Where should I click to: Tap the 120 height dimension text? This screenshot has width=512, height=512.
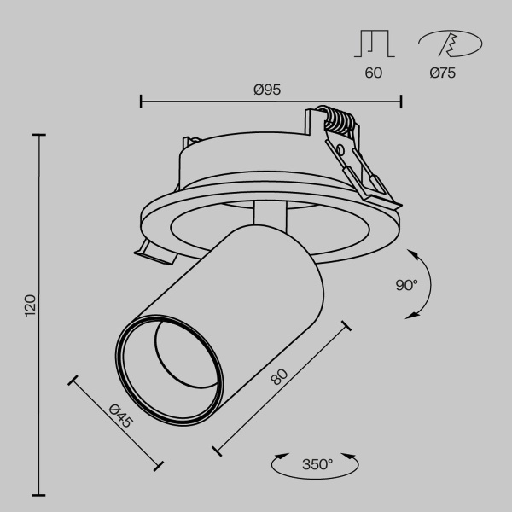(x=31, y=305)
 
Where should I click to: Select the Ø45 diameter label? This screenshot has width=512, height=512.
(x=120, y=417)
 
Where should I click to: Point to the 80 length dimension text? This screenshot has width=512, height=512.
(x=279, y=377)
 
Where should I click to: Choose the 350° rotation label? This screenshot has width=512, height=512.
(x=317, y=465)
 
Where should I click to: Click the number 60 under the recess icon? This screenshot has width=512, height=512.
(x=373, y=73)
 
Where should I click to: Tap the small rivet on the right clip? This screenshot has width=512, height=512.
(x=340, y=150)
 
